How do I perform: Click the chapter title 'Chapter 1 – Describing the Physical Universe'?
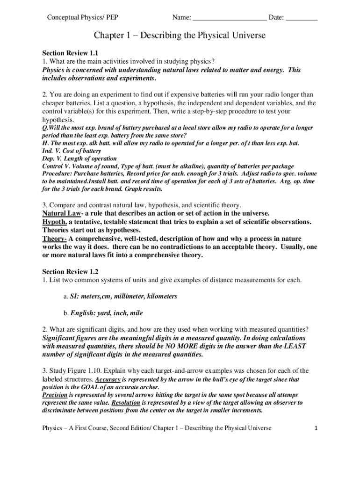(x=180, y=36)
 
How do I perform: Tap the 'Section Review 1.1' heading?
(x=70, y=53)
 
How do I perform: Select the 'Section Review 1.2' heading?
(x=70, y=271)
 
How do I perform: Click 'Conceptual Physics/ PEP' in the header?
(x=82, y=18)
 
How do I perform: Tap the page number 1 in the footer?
(x=317, y=428)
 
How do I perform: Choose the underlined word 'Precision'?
(x=55, y=395)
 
